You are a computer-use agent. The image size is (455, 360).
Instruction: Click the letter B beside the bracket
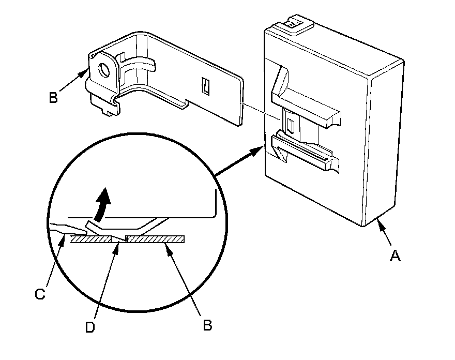[53, 97]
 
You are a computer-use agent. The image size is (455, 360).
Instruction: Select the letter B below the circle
[206, 325]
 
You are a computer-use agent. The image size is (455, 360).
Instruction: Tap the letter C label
[40, 294]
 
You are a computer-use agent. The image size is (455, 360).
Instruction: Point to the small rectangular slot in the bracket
[205, 86]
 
